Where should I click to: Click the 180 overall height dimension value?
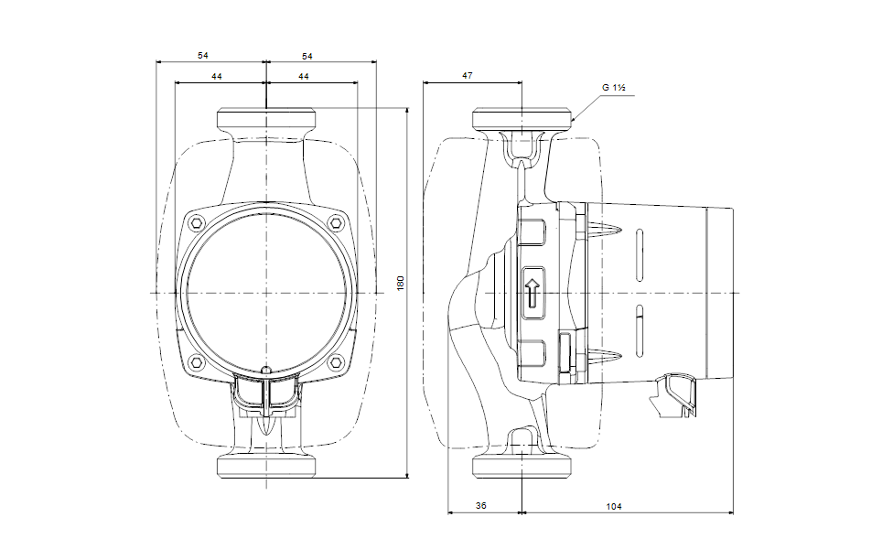coord(399,284)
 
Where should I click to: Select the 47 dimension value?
coord(467,77)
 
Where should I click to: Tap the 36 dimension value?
coord(481,506)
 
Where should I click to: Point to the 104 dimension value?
coord(628,506)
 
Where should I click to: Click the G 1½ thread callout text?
coord(613,88)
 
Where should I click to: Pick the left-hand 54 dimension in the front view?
coord(203,57)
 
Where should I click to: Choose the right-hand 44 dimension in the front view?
coord(303,77)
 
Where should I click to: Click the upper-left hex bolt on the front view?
coord(194,222)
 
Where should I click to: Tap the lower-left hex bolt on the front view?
coord(194,362)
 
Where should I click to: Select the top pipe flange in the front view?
coord(265,119)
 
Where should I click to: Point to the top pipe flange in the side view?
coord(522,119)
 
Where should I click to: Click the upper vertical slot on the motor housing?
coord(640,250)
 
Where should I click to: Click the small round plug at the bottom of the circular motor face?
coord(265,371)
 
